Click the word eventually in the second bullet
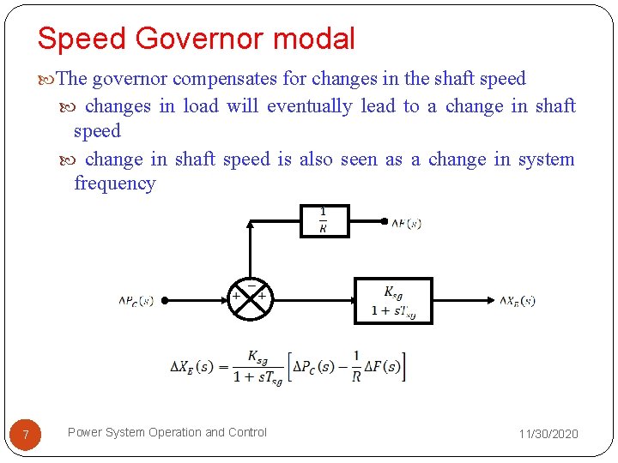coord(309,106)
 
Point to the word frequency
coord(115,183)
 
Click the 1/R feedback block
coord(323,220)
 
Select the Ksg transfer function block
coord(394,300)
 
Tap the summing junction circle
coord(249,300)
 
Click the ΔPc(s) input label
coord(136,301)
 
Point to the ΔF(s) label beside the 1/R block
coord(406,224)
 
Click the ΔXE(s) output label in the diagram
coord(518,301)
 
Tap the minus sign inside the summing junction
coord(251,285)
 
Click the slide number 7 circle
coord(26,436)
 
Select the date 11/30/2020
coord(548,434)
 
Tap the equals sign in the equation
coord(224,367)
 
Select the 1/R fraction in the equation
coord(355,367)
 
